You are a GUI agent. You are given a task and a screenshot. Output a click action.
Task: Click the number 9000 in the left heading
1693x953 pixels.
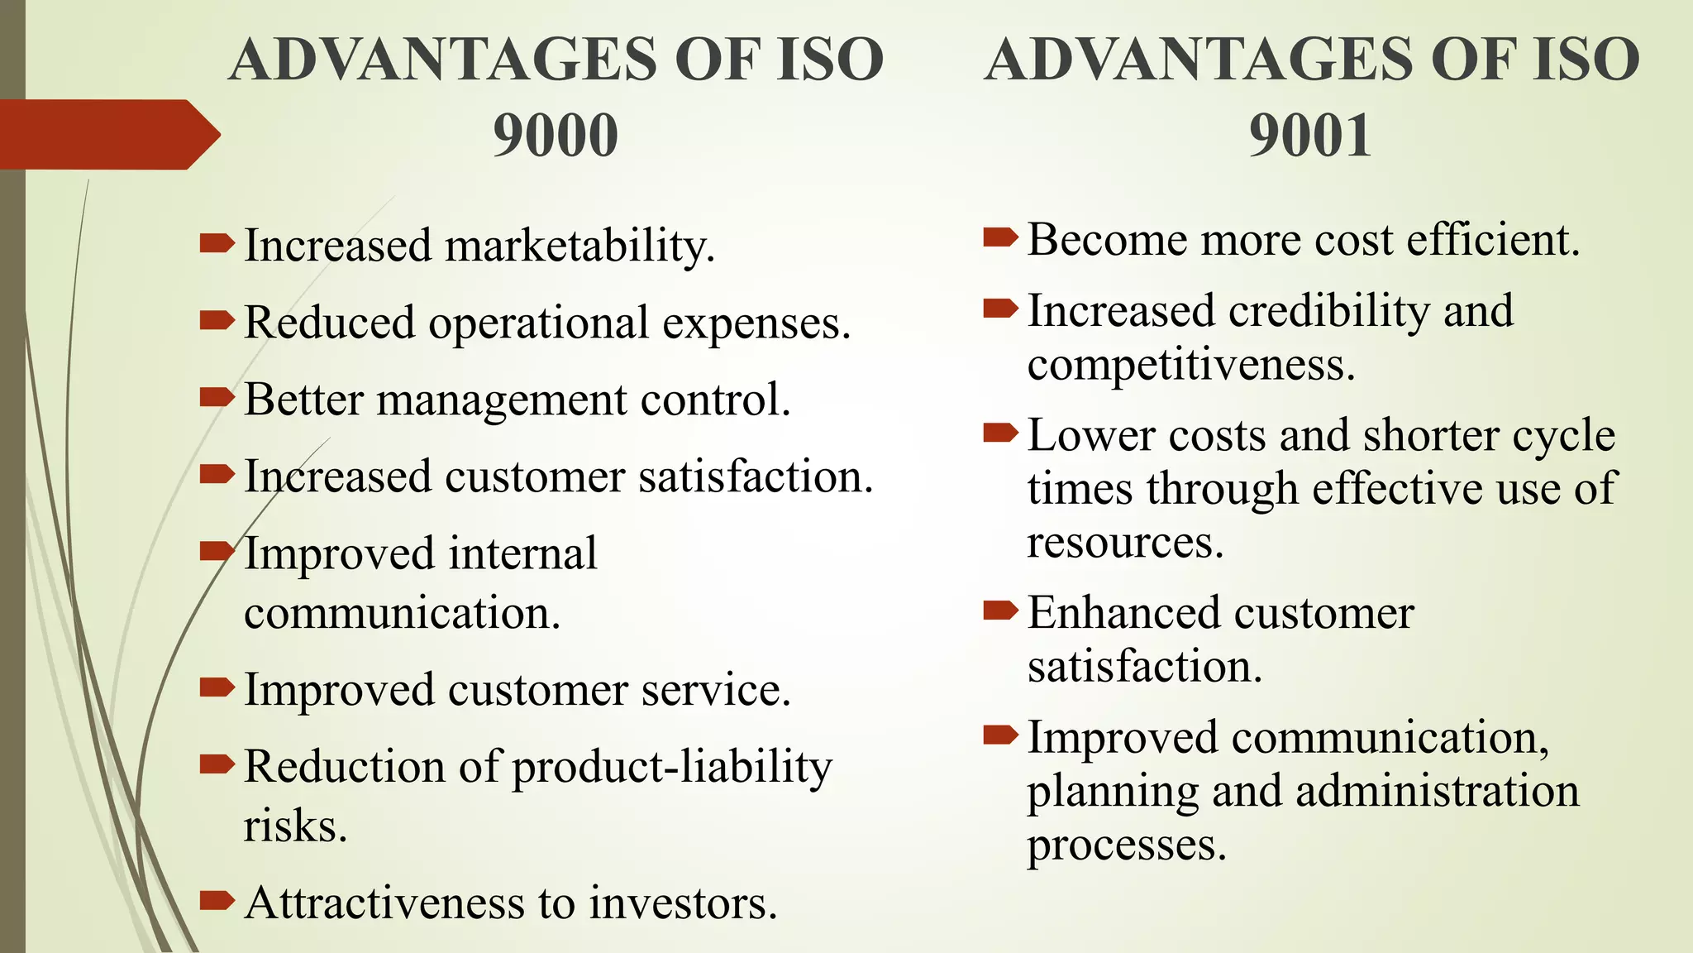coord(556,135)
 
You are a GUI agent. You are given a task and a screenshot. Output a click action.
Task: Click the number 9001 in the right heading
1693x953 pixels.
coord(1310,135)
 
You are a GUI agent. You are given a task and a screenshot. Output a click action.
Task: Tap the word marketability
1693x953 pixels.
coord(579,247)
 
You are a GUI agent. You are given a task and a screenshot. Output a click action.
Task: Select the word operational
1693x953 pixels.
coord(538,323)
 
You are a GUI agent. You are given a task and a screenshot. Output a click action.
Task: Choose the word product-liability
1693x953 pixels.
coord(672,767)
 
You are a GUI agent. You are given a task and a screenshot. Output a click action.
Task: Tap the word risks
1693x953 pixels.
coord(295,826)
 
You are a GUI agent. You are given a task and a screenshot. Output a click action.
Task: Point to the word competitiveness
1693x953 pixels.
coord(1191,365)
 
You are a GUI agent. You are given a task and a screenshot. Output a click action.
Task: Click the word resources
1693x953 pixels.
coord(1125,543)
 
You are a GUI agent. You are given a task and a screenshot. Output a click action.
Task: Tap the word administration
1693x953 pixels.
coord(1438,791)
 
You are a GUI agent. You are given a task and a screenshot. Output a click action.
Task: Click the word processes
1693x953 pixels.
coord(1127,845)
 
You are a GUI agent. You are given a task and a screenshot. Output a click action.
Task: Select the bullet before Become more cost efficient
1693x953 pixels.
coord(1000,239)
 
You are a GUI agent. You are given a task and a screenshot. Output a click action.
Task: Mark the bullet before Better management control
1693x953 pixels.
coord(217,398)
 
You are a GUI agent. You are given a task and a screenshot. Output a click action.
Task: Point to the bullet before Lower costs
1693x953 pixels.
coord(1000,433)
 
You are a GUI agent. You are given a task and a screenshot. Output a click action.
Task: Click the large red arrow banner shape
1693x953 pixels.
coord(107,135)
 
